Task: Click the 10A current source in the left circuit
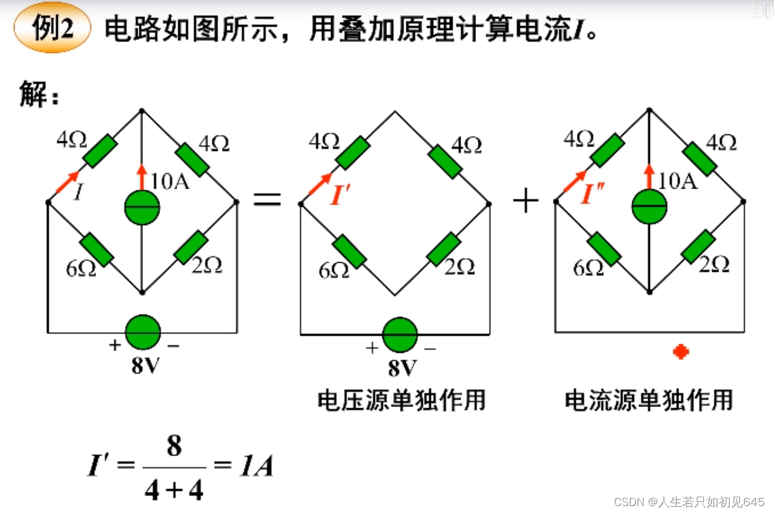142,208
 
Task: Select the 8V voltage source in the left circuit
143,333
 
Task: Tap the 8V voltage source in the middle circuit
400,335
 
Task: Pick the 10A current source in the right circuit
649,207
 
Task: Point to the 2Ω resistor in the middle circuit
444,249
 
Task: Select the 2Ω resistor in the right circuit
698,247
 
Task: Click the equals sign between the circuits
268,199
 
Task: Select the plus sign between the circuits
526,201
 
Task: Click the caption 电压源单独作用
401,400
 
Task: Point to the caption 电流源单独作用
649,400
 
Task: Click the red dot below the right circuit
681,352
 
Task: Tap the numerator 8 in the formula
174,447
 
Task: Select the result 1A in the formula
256,467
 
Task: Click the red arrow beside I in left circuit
67,182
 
